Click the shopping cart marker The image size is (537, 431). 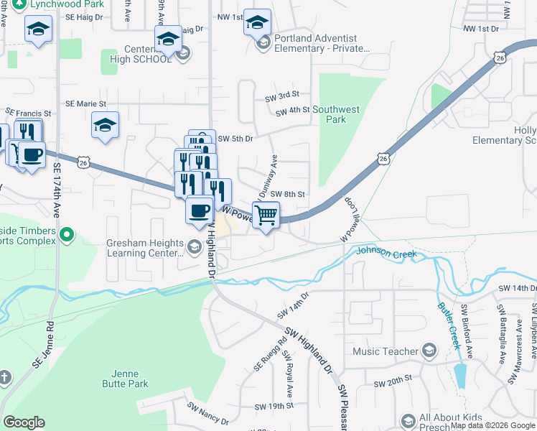266,215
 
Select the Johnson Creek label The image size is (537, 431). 386,254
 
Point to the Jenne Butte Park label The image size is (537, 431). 130,379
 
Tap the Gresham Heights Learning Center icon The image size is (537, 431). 193,248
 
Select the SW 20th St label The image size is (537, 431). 393,378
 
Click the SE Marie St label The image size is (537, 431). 85,104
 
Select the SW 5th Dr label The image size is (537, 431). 236,139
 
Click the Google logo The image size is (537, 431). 24,422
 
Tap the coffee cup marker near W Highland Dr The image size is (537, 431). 199,210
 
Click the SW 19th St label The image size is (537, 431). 274,406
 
